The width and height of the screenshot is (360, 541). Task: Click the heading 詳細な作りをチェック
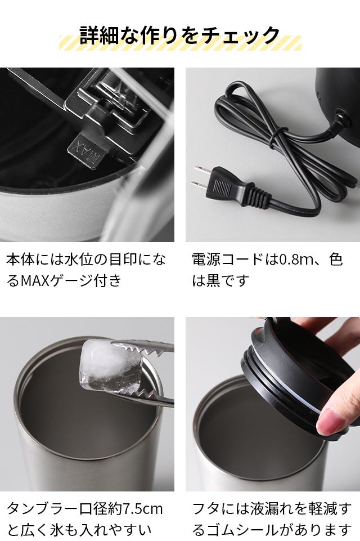point(179,35)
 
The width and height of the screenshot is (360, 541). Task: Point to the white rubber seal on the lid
point(286,383)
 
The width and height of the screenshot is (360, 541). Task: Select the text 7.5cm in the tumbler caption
point(142,508)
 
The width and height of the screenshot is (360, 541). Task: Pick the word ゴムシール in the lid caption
point(243,530)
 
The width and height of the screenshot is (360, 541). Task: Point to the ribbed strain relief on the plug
point(257,198)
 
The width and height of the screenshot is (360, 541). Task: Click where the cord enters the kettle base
point(340,117)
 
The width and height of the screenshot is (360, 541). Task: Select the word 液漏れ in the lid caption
point(264,508)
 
